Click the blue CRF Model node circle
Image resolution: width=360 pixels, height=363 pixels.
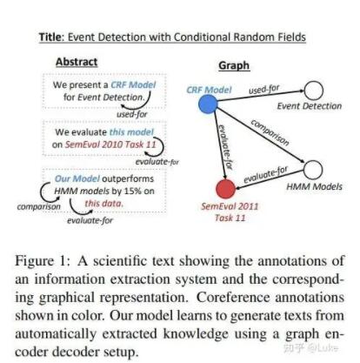pos(208,104)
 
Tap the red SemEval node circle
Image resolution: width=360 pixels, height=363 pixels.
pos(226,189)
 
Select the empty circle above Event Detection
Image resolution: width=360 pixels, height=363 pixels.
pos(314,91)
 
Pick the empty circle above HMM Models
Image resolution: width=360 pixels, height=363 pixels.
pos(313,170)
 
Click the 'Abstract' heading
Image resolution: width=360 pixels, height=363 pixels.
pos(77,62)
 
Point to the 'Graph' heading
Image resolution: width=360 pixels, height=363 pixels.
pos(234,65)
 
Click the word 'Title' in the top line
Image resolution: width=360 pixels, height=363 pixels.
pos(50,37)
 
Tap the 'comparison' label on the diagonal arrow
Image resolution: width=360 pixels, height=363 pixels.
pos(270,132)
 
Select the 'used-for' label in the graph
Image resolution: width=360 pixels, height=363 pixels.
pos(264,90)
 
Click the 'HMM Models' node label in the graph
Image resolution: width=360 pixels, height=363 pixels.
pos(315,186)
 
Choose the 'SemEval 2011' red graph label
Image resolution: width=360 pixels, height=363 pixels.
pos(230,206)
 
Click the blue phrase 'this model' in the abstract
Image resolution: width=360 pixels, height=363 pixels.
pos(131,132)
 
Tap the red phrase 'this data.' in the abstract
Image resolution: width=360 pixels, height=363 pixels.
pos(104,204)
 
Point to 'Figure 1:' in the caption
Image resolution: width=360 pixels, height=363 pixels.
pos(43,261)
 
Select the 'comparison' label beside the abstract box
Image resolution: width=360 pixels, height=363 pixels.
pos(39,207)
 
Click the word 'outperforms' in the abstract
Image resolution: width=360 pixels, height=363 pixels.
pos(128,179)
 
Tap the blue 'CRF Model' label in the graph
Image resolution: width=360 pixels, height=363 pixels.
pos(209,90)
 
